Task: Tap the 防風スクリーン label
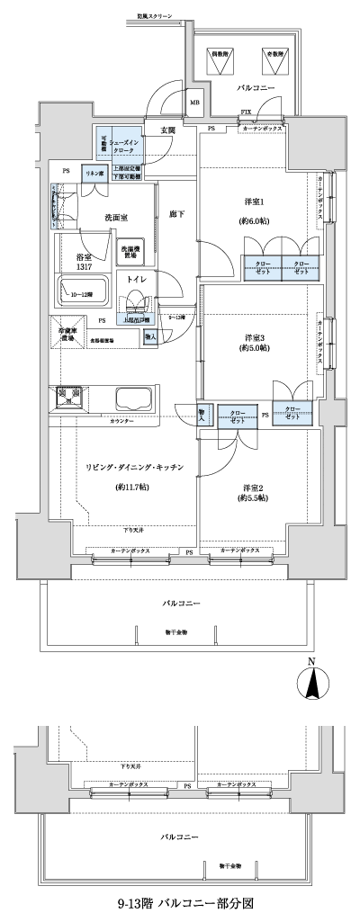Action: (x=155, y=15)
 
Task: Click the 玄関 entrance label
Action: (x=168, y=130)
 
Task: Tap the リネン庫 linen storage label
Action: (x=92, y=171)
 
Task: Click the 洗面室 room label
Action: (x=116, y=218)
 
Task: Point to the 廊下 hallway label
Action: (x=175, y=214)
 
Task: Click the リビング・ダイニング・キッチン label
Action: (x=135, y=468)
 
